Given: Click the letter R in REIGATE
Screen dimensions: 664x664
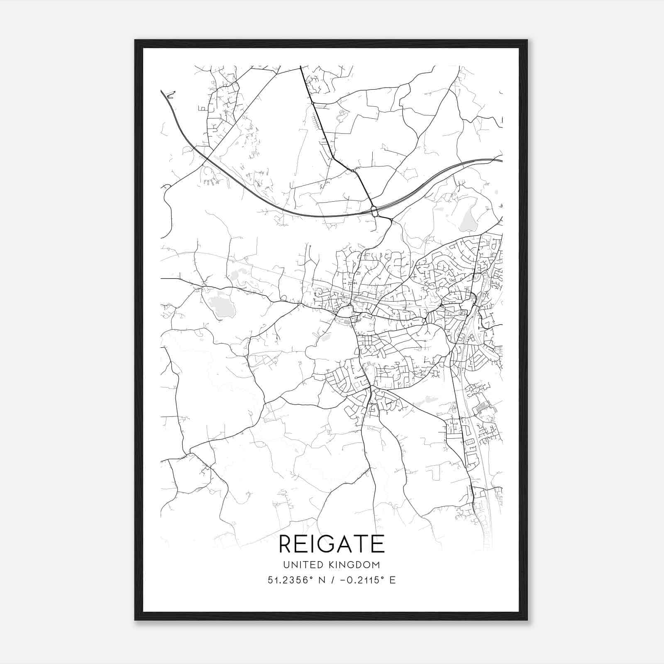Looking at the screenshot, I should tap(287, 544).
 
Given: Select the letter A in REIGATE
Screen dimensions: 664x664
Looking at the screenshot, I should tap(343, 544).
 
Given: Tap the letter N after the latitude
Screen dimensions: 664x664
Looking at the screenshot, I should tap(321, 580).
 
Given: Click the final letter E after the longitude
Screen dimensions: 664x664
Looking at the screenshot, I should tap(392, 580).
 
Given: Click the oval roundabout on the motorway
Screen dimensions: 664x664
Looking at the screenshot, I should tap(375, 211).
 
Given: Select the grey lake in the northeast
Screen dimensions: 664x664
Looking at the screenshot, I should tap(468, 219).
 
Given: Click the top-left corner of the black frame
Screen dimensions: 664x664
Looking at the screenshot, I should tap(135, 41).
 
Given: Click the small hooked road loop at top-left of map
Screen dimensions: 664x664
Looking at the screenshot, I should tap(170, 95).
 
